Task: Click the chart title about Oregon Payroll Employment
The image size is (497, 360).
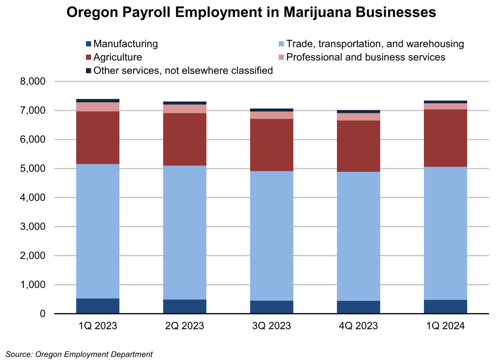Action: [x=251, y=12]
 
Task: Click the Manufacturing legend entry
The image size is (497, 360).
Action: [x=125, y=44]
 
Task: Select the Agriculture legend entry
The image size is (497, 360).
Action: [x=117, y=57]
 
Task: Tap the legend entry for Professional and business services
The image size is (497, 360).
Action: [x=365, y=57]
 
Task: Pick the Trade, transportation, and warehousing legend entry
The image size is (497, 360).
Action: [x=375, y=44]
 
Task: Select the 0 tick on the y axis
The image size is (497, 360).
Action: [x=43, y=314]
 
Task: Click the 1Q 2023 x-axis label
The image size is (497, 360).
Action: [x=97, y=326]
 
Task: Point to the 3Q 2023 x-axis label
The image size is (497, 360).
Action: [x=271, y=326]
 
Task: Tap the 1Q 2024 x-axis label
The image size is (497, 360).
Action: [x=445, y=326]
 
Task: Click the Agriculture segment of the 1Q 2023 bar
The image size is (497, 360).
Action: [x=97, y=138]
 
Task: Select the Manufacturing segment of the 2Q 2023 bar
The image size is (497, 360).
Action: [x=184, y=306]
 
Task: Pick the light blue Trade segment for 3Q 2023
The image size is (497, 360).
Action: [x=271, y=236]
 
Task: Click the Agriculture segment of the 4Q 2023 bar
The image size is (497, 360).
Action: [x=358, y=146]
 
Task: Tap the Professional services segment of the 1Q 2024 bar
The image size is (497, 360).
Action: [x=445, y=106]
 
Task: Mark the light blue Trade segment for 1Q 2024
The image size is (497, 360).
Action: [x=445, y=233]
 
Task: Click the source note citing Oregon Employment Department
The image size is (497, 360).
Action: [x=80, y=354]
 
